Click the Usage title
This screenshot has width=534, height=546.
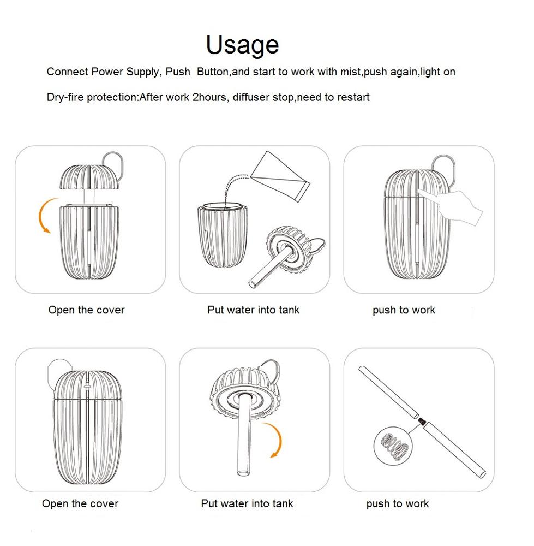(243, 45)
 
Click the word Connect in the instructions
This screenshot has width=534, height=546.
(68, 72)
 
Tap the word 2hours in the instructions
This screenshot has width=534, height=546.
(211, 97)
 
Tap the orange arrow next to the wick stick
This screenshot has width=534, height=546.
(277, 440)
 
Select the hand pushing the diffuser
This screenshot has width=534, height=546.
(451, 205)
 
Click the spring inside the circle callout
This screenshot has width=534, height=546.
(394, 446)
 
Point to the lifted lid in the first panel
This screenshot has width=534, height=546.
(90, 177)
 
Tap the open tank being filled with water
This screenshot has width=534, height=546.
(223, 235)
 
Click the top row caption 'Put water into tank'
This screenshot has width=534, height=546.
(253, 310)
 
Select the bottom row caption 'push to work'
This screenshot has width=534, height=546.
(397, 503)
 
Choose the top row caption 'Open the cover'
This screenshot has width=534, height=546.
(86, 310)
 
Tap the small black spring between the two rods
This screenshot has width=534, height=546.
(422, 422)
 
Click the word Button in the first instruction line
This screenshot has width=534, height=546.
(213, 72)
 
